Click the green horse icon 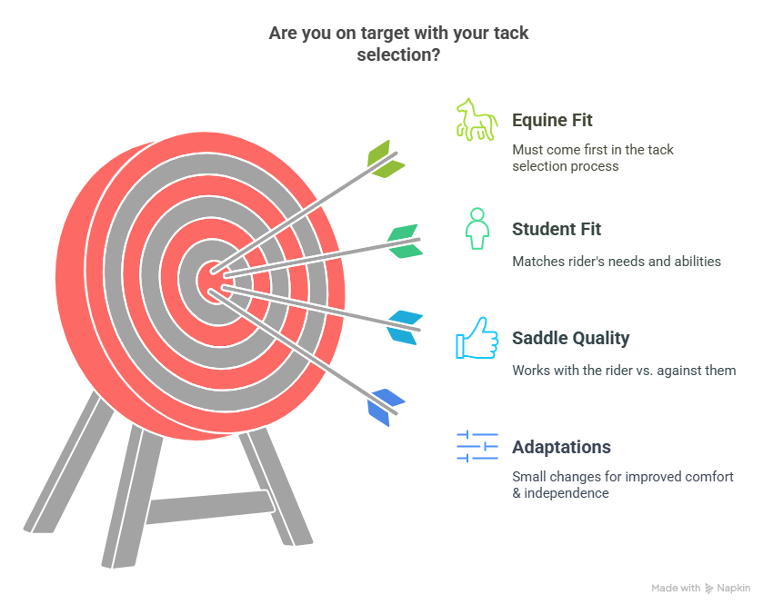click(477, 120)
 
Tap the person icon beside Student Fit click(477, 229)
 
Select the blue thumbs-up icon click(477, 338)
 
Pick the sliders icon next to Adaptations click(477, 447)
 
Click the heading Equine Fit click(552, 120)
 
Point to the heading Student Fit click(557, 230)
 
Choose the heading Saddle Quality click(571, 338)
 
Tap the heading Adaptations click(561, 447)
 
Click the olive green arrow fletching click(385, 159)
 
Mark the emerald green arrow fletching click(405, 242)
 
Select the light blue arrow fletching click(405, 327)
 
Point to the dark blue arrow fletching click(386, 407)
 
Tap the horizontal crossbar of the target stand click(211, 507)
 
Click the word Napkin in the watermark click(734, 588)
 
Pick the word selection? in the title click(398, 54)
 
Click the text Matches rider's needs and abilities click(617, 262)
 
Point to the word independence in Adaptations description click(567, 493)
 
